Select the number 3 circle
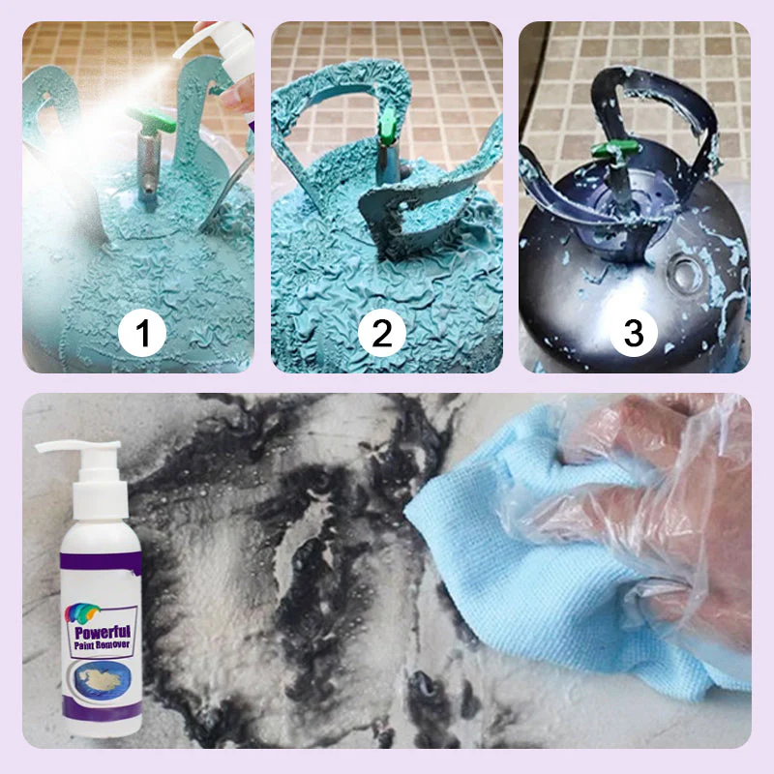pos(633,334)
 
